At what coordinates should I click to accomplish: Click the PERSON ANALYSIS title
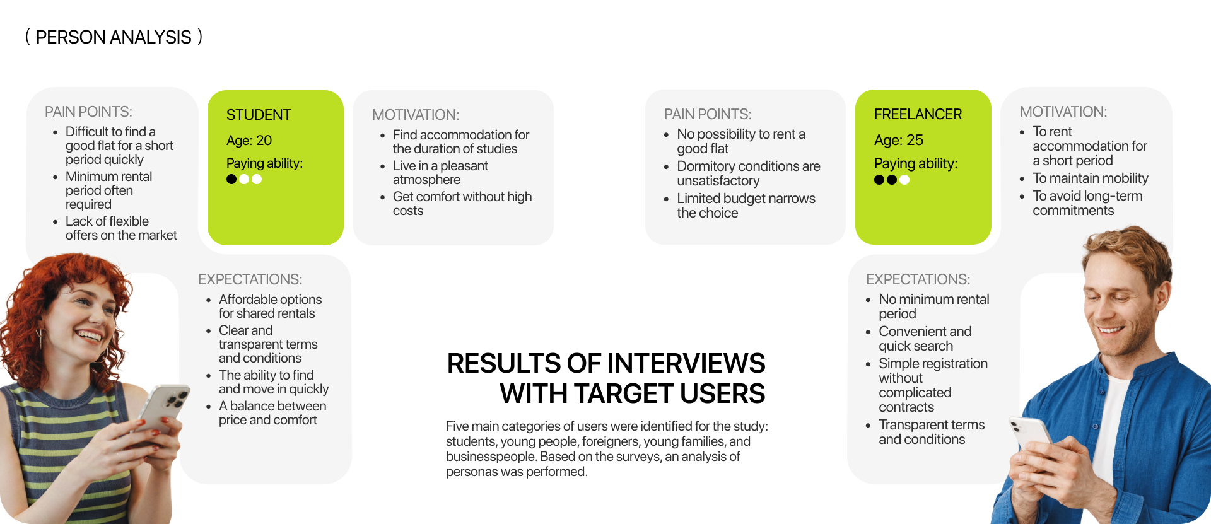click(x=114, y=37)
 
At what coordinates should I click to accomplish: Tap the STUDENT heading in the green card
click(x=259, y=115)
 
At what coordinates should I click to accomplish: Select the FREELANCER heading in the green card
click(x=918, y=114)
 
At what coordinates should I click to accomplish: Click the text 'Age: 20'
click(x=249, y=141)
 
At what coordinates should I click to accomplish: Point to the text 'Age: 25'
click(x=899, y=140)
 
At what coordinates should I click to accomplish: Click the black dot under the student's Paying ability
click(x=231, y=179)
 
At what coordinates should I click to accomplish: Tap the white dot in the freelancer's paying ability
click(x=904, y=180)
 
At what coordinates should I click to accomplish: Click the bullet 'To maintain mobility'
click(x=1090, y=178)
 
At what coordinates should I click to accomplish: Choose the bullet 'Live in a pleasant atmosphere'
click(x=440, y=173)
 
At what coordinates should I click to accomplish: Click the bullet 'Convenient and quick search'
click(x=925, y=339)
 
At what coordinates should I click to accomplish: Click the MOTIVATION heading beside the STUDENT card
click(x=416, y=115)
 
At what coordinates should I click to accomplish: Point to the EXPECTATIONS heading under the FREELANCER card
click(x=918, y=279)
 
